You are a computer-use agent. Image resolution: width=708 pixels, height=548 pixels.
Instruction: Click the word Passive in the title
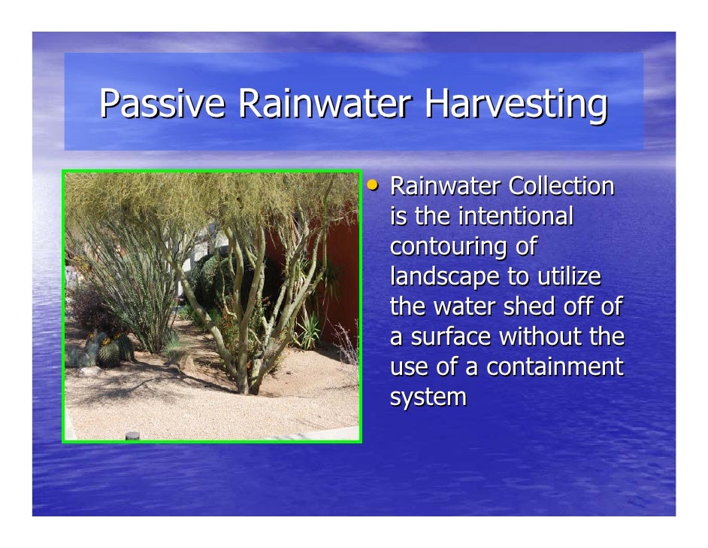[162, 105]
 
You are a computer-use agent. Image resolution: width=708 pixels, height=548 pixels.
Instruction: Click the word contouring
[449, 247]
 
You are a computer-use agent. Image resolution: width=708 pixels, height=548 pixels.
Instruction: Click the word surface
[449, 337]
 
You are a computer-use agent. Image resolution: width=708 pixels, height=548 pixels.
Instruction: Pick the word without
[541, 337]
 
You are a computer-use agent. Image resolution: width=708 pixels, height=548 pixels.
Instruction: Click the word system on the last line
[428, 397]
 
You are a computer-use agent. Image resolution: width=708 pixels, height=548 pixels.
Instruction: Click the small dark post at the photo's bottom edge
[132, 436]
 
